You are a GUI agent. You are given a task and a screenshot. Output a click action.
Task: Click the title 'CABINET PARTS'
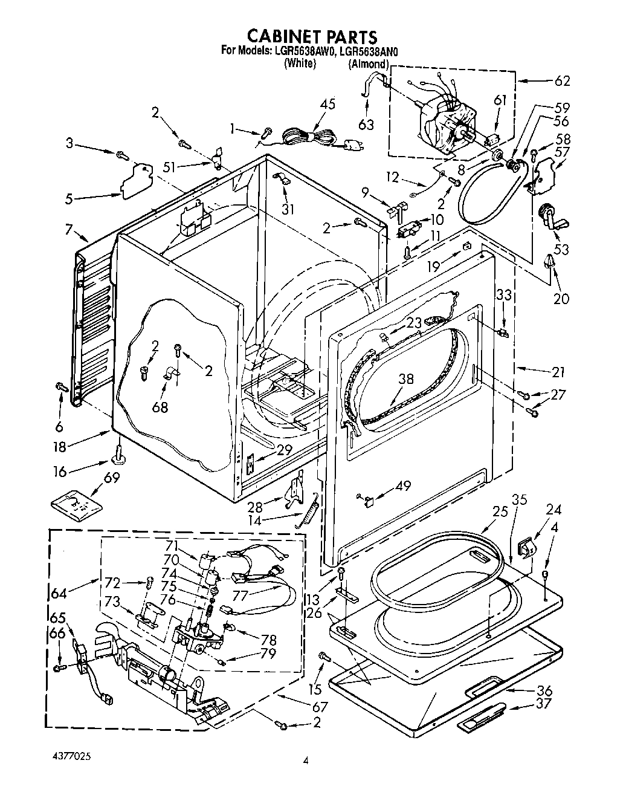point(313,37)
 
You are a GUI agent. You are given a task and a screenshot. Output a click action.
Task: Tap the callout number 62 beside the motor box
point(561,81)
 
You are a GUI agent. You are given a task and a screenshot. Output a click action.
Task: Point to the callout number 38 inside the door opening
point(406,379)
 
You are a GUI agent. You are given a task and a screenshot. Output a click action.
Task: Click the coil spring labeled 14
point(308,510)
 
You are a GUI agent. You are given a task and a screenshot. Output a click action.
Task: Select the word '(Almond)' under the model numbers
point(367,63)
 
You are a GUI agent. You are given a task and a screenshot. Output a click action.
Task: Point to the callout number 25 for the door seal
point(499,511)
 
